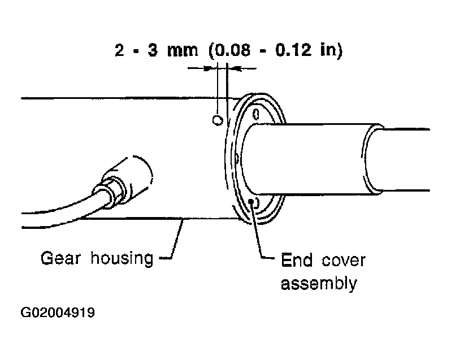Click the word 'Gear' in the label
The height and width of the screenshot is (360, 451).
click(x=60, y=258)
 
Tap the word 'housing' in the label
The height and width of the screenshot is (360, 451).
click(x=122, y=258)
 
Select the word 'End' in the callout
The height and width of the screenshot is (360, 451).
click(x=297, y=260)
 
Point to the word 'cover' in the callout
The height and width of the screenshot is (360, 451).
click(x=344, y=261)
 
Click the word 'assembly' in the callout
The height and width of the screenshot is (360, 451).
click(x=319, y=284)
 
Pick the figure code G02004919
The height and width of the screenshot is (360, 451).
click(x=58, y=313)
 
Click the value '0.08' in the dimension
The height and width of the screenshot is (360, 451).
click(x=233, y=51)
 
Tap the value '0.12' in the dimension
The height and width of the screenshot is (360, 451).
click(x=293, y=50)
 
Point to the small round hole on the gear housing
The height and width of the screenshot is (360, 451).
click(x=218, y=120)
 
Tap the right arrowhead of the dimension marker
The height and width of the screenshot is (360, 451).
click(x=234, y=68)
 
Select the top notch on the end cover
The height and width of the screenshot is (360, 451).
click(x=255, y=114)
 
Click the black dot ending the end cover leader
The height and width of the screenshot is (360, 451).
click(x=252, y=201)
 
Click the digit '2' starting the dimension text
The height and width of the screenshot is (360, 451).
click(x=119, y=51)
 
